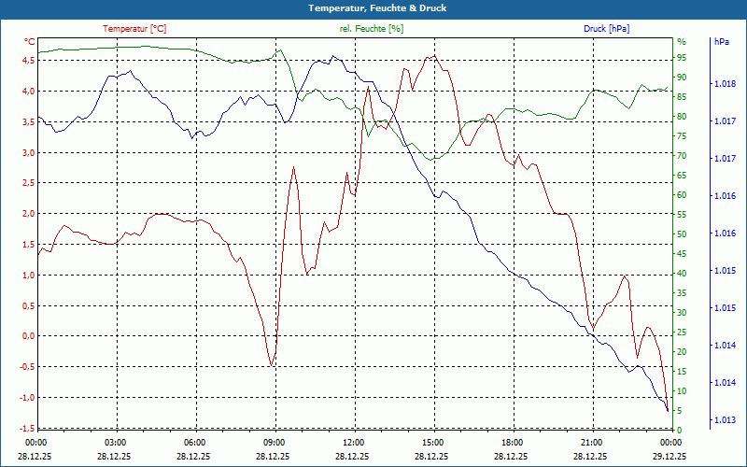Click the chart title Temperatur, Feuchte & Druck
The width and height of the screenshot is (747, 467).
click(373, 7)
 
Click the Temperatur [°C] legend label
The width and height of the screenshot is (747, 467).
click(134, 29)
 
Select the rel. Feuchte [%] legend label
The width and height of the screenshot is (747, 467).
click(372, 29)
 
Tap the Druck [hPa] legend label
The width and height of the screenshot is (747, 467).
click(606, 29)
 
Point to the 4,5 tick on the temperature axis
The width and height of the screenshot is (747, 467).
click(28, 60)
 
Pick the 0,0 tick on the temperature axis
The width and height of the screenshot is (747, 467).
click(28, 336)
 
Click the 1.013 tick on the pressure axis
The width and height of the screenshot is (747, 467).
click(724, 420)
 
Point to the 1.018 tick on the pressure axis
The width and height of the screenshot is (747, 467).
click(724, 84)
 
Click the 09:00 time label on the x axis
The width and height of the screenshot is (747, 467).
click(275, 442)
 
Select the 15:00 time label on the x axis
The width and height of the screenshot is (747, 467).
click(432, 442)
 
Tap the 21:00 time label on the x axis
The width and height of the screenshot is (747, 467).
click(591, 442)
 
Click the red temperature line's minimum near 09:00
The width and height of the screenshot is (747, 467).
click(272, 364)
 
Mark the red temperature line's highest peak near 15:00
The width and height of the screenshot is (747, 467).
click(431, 56)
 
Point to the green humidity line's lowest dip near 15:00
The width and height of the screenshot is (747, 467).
click(430, 160)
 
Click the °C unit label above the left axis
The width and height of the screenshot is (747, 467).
click(30, 42)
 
